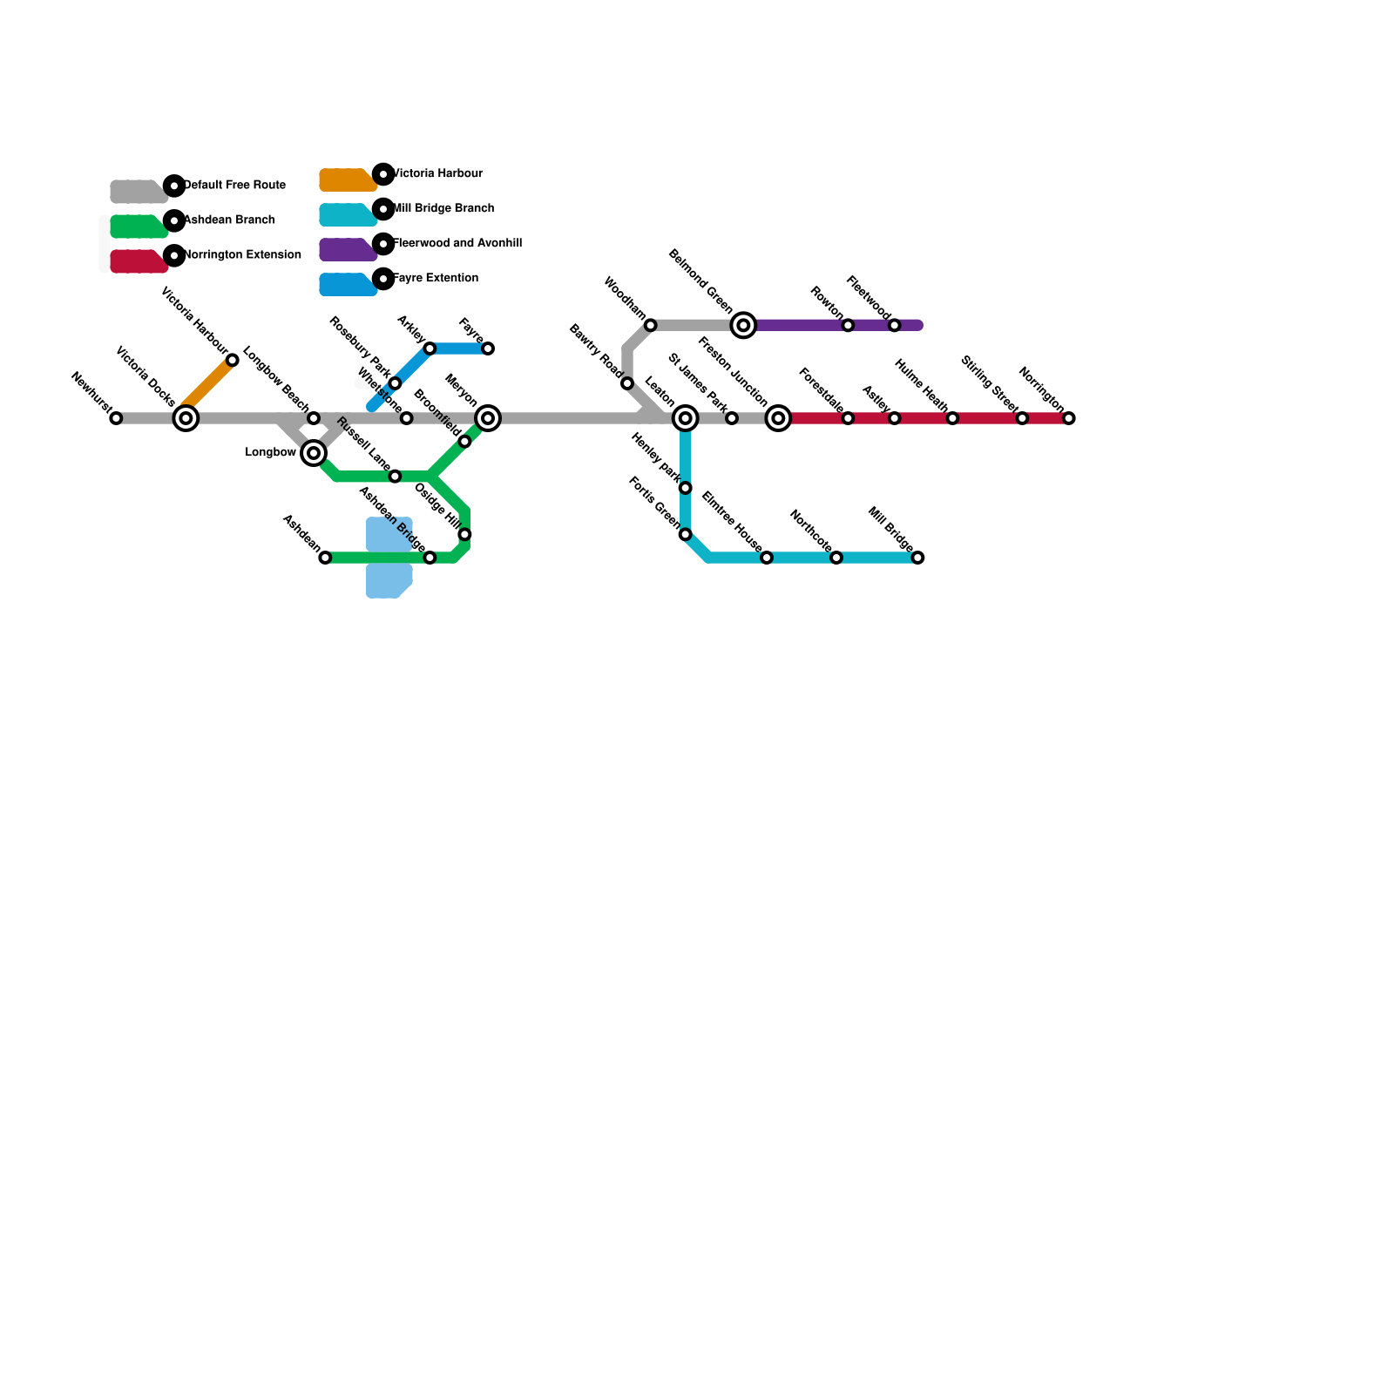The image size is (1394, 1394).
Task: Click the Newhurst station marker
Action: [x=116, y=418]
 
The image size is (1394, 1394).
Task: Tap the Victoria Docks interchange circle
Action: [x=186, y=418]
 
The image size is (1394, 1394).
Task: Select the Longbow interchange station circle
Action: [x=314, y=453]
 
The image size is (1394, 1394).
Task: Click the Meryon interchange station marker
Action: [x=488, y=418]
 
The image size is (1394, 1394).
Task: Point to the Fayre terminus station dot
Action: [x=488, y=348]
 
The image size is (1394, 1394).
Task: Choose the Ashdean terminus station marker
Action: [x=325, y=558]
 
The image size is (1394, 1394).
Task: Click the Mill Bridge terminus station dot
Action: [x=917, y=558]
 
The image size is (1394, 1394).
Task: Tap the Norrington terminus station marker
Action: [x=1069, y=418]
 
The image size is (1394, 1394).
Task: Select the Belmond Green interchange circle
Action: [x=743, y=325]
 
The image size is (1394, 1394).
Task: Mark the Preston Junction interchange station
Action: [x=778, y=418]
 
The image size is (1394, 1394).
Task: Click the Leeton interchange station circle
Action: [x=686, y=418]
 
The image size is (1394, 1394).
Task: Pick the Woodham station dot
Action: [x=650, y=325]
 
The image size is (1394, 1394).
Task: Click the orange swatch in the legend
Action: [x=347, y=180]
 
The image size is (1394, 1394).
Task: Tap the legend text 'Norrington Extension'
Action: [x=242, y=255]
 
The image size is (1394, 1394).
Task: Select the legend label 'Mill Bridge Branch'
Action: [x=443, y=209]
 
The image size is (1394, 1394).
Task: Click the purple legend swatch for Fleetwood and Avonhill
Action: [x=347, y=250]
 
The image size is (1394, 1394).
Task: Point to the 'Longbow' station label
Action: [x=270, y=452]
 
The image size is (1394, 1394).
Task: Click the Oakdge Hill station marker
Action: [x=464, y=534]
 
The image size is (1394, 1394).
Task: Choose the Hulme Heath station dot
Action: [x=952, y=418]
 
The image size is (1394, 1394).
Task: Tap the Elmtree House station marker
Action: [x=767, y=558]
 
